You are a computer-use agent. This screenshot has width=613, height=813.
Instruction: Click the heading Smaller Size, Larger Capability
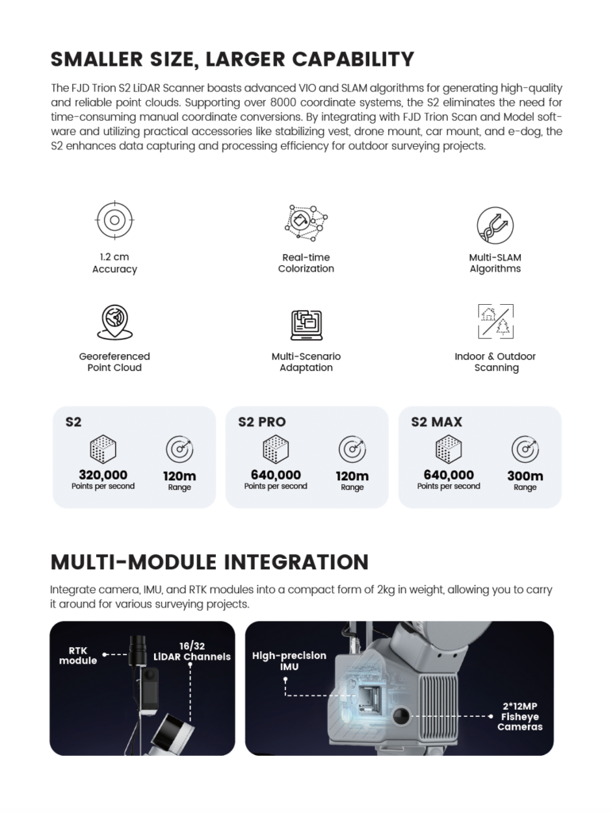(x=232, y=60)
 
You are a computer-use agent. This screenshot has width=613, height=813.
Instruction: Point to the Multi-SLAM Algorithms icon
(x=495, y=225)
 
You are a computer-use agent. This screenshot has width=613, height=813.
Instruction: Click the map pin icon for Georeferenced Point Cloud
(x=114, y=322)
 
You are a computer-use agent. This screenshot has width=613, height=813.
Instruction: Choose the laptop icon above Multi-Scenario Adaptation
(x=306, y=324)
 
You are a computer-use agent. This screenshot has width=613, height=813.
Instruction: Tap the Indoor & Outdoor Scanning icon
(x=495, y=322)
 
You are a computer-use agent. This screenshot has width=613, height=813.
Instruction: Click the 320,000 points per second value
(x=103, y=475)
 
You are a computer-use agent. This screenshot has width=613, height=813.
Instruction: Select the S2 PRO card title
(x=262, y=422)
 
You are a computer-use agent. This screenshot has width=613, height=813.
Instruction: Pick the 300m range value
(x=525, y=476)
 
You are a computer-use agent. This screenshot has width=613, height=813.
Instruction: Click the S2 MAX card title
(x=437, y=422)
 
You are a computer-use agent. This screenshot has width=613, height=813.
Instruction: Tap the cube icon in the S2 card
(x=103, y=449)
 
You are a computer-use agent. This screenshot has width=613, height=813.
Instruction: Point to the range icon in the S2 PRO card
(x=353, y=449)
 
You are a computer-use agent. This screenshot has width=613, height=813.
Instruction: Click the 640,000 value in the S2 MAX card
(x=449, y=475)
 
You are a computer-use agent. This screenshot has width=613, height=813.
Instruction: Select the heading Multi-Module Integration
(x=210, y=562)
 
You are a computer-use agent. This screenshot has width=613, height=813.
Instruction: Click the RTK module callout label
(x=78, y=655)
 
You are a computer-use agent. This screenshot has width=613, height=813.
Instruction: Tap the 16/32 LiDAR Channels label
(x=193, y=652)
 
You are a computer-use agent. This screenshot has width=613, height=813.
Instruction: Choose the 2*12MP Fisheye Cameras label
(x=519, y=715)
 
